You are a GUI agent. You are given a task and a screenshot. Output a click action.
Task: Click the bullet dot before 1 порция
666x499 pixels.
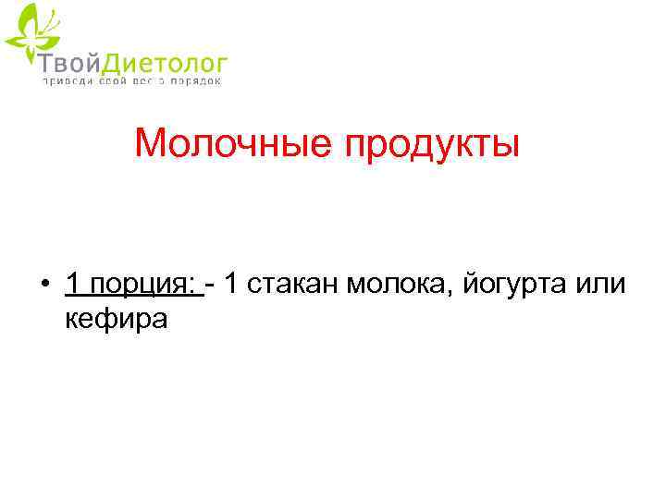(44, 285)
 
